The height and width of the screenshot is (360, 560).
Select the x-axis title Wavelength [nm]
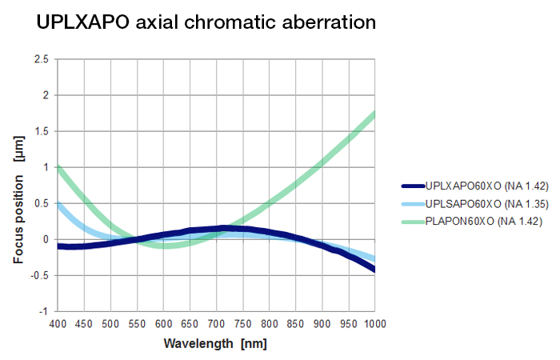coord(215,344)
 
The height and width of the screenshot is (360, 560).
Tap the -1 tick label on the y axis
coord(43,311)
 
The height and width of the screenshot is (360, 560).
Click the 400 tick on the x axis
coord(58,323)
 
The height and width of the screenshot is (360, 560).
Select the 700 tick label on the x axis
coord(216,323)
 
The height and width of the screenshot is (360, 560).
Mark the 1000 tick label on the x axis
coord(374,323)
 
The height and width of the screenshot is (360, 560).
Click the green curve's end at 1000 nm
coord(374,114)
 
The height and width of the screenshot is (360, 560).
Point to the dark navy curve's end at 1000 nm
coord(374,270)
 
